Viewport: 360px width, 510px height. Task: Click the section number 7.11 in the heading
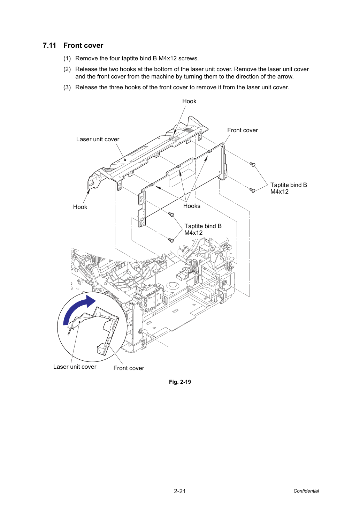49,45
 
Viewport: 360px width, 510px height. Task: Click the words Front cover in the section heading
83,45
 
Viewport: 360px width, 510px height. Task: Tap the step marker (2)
67,69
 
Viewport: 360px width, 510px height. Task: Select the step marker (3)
67,88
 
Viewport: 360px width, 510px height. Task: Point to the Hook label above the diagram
189,101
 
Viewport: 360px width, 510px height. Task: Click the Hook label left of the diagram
80,207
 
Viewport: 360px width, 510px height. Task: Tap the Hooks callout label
192,206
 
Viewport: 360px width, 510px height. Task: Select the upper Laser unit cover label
98,139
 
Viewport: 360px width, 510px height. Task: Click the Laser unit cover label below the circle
75,367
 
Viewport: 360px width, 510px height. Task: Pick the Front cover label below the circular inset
129,368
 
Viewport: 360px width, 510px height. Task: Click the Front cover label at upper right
243,130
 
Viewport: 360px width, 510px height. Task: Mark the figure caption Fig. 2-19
180,382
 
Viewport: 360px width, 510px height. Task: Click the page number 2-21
180,491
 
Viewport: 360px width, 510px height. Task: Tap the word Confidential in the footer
306,491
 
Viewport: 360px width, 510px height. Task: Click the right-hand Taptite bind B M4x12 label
289,188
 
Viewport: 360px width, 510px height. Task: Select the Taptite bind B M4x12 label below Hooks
203,229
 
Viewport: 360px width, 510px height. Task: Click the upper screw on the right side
252,164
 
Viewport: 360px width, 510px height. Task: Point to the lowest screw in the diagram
171,240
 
